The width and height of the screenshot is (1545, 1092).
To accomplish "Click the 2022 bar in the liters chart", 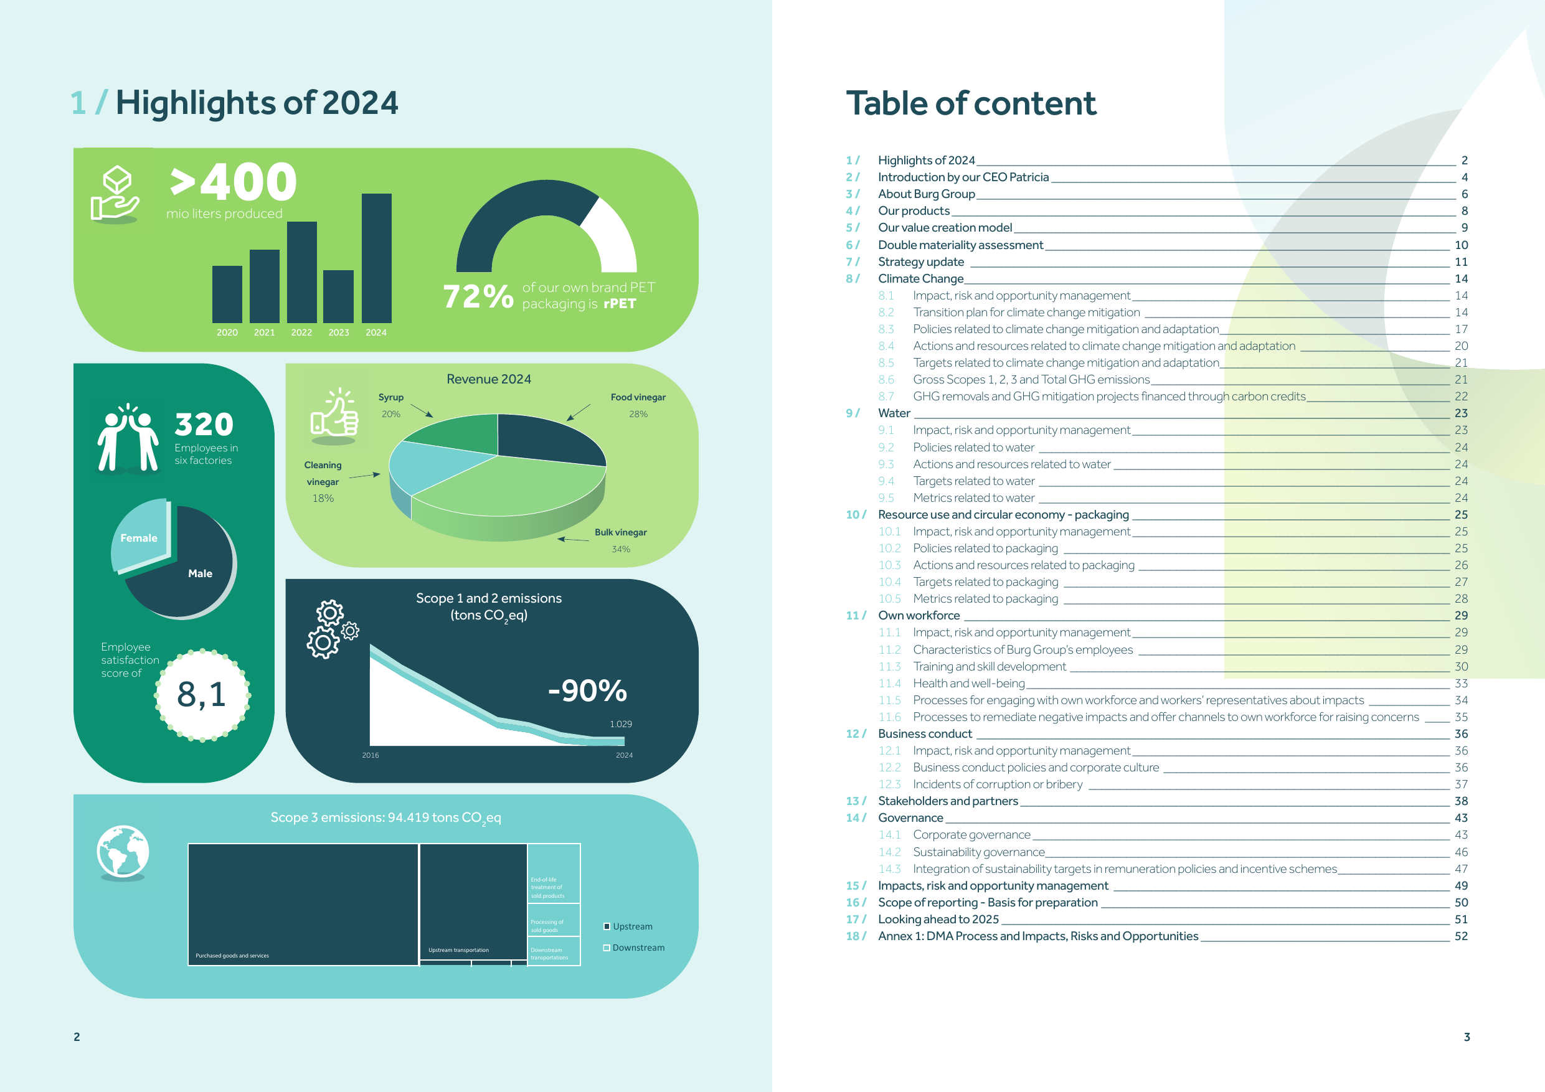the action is tap(301, 272).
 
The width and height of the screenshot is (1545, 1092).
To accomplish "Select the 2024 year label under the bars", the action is tap(376, 332).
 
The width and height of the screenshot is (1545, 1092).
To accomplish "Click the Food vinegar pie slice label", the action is tap(638, 397).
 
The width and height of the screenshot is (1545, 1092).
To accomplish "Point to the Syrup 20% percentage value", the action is tap(391, 414).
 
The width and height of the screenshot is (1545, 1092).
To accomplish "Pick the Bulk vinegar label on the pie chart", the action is tap(620, 532).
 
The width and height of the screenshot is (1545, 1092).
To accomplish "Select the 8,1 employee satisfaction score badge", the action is tap(202, 695).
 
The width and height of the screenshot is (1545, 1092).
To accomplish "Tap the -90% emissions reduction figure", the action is tap(587, 691).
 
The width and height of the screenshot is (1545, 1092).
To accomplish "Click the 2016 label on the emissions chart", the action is tap(370, 755).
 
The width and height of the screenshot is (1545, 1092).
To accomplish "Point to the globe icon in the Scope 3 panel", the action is tap(123, 852).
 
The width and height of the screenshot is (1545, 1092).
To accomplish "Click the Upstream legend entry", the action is tap(628, 926).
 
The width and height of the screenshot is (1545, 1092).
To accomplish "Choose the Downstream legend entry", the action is tap(634, 948).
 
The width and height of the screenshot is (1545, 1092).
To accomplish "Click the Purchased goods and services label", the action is tap(232, 956).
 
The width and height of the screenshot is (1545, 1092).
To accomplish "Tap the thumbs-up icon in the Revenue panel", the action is tap(334, 416).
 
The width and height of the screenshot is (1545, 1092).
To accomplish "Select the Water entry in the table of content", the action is tap(894, 413).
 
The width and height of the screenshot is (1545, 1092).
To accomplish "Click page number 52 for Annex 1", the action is tap(1461, 936).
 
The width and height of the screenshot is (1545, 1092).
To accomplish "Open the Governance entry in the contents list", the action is tap(910, 817).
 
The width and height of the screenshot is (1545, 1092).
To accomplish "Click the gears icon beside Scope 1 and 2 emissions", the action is tap(333, 629).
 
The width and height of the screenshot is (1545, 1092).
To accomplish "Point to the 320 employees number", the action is tap(204, 425).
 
